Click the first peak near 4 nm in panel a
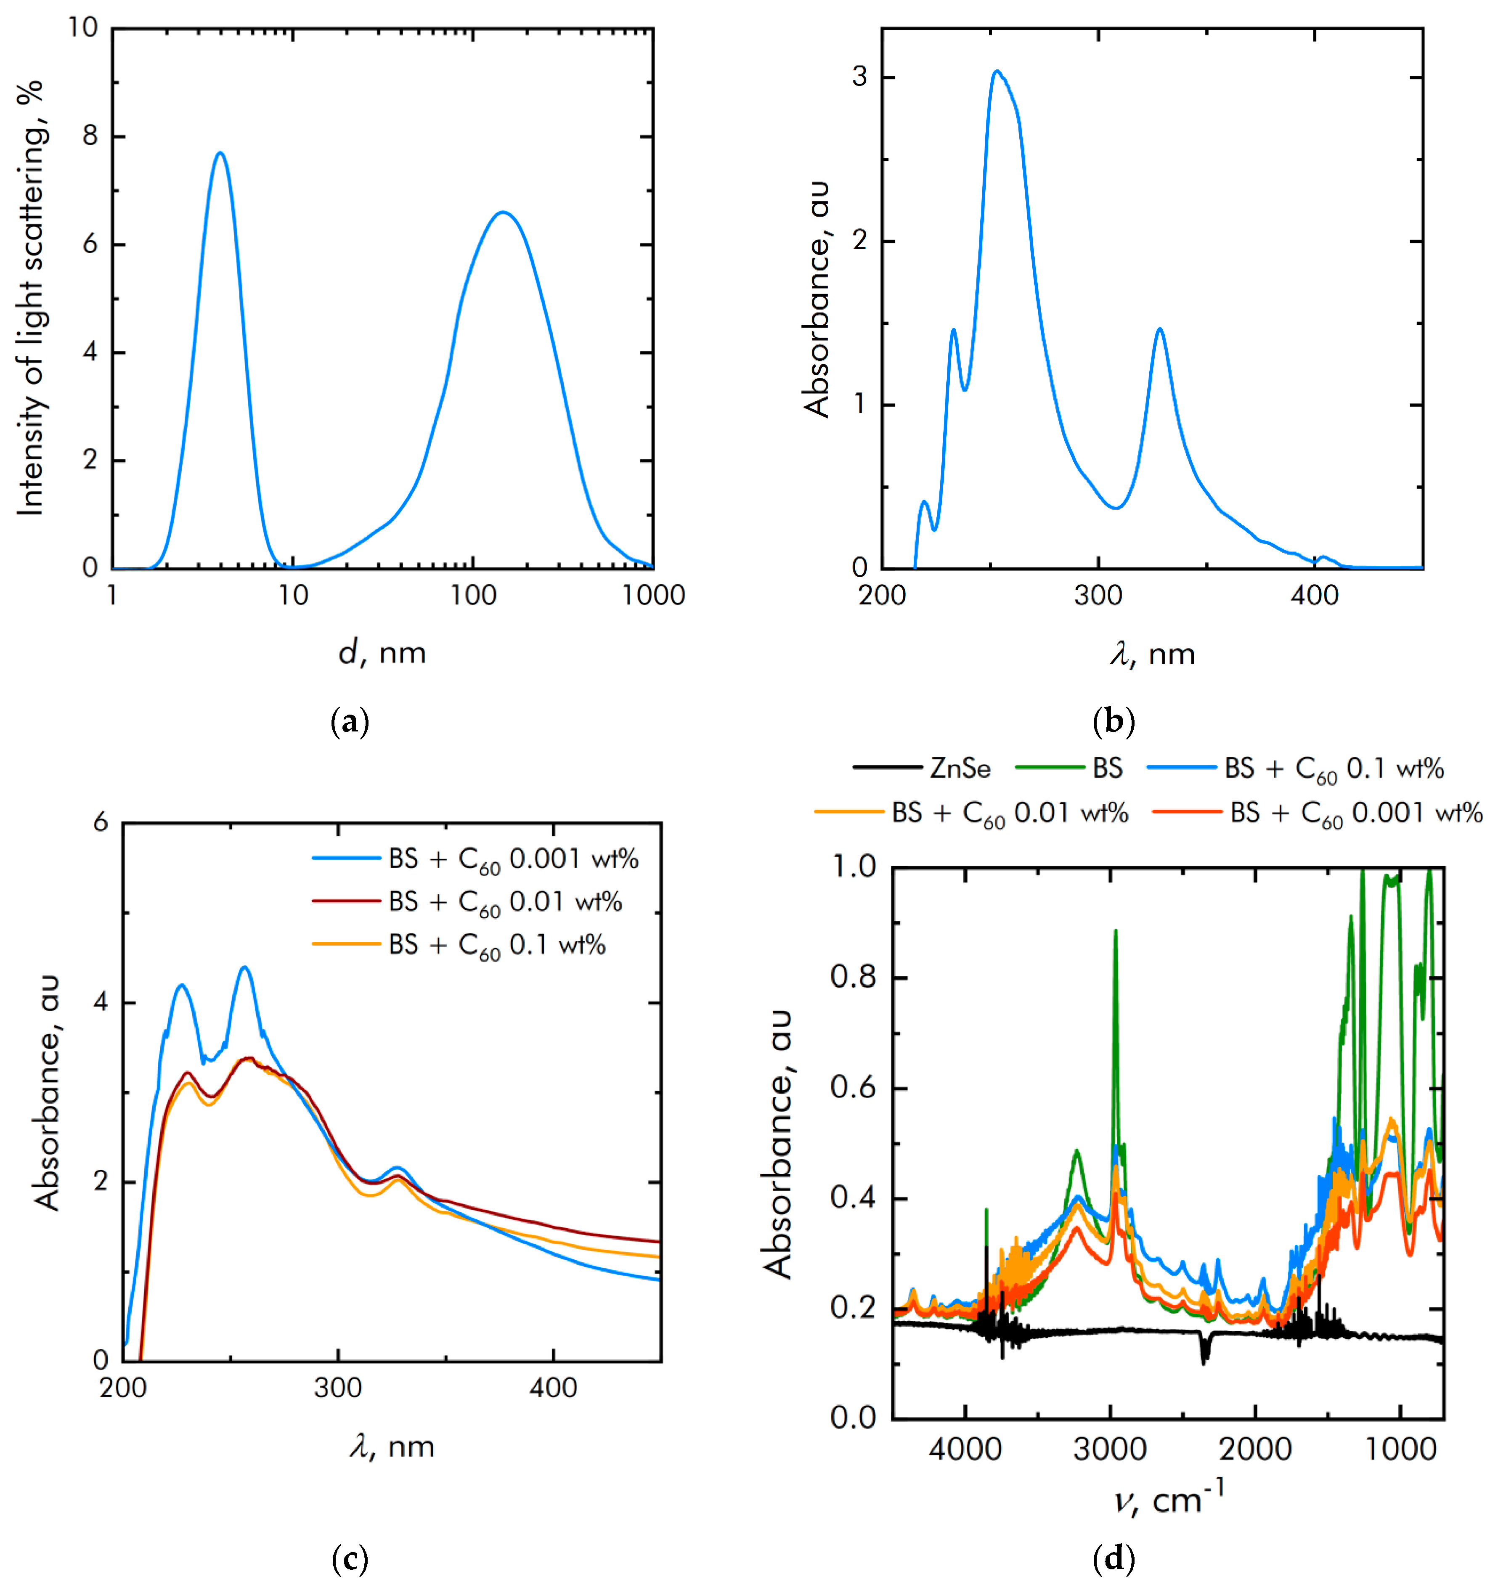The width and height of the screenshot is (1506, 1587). click(220, 154)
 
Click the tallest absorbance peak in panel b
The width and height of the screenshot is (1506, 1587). click(997, 72)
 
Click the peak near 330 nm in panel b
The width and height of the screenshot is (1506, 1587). click(1159, 329)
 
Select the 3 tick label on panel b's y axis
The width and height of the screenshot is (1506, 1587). click(860, 77)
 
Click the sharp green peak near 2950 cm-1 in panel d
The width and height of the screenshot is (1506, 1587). click(1115, 931)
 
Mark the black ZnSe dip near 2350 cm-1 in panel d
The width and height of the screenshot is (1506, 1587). click(1204, 1358)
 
